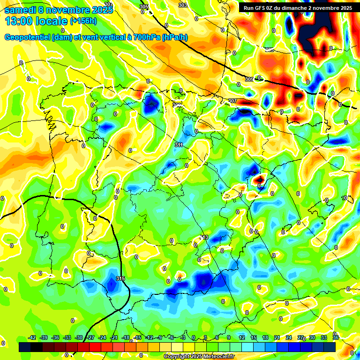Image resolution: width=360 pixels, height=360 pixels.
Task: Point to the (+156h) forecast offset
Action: coord(83,21)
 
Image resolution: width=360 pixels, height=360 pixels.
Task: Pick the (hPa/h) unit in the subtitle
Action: coord(174,37)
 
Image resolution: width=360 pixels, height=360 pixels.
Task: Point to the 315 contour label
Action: coord(120,279)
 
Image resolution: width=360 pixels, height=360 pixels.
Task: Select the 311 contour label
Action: coord(178,145)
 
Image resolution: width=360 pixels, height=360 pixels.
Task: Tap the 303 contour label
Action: coord(183,5)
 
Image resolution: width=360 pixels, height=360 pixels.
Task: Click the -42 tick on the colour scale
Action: coord(32,337)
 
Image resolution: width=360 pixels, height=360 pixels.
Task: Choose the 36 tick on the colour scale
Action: coord(336,337)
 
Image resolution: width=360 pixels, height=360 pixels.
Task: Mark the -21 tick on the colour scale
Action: coord(114,337)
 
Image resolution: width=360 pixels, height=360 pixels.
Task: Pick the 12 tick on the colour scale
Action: coord(242,337)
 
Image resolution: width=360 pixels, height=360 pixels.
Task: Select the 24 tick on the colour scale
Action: coord(289,337)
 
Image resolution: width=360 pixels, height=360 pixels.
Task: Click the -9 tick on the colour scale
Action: coord(160,337)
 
